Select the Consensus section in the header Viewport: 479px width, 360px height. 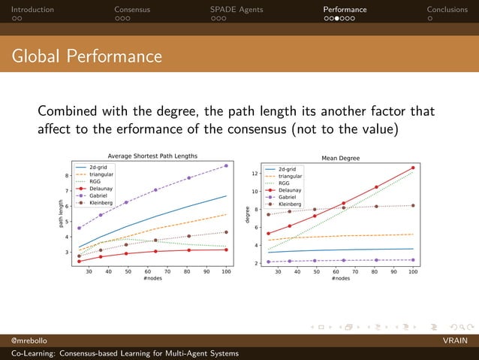[132, 10]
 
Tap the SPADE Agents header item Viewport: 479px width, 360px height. [236, 10]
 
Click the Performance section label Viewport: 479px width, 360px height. [345, 10]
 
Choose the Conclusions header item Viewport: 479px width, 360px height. [451, 10]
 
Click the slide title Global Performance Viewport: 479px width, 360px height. [86, 56]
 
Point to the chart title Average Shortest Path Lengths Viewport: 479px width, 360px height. [152, 156]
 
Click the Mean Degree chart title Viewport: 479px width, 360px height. [340, 159]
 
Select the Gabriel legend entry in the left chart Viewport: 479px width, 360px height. [101, 195]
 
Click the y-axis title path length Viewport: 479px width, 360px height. [61, 213]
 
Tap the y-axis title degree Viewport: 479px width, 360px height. [248, 214]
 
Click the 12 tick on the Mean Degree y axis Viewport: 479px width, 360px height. [254, 174]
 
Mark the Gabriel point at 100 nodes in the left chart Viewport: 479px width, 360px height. [226, 165]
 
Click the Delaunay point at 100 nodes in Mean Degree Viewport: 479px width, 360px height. [413, 168]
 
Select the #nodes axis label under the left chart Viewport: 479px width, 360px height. [152, 278]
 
